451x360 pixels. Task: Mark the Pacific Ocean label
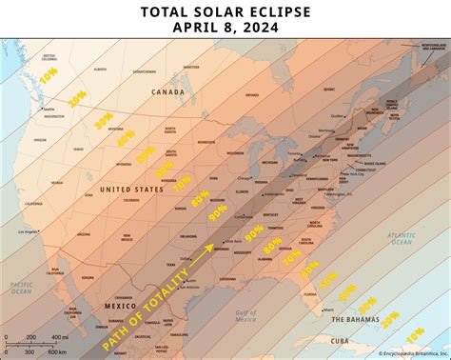click(x=21, y=288)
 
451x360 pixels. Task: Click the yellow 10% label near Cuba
click(x=415, y=336)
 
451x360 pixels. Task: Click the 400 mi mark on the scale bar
click(x=57, y=337)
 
